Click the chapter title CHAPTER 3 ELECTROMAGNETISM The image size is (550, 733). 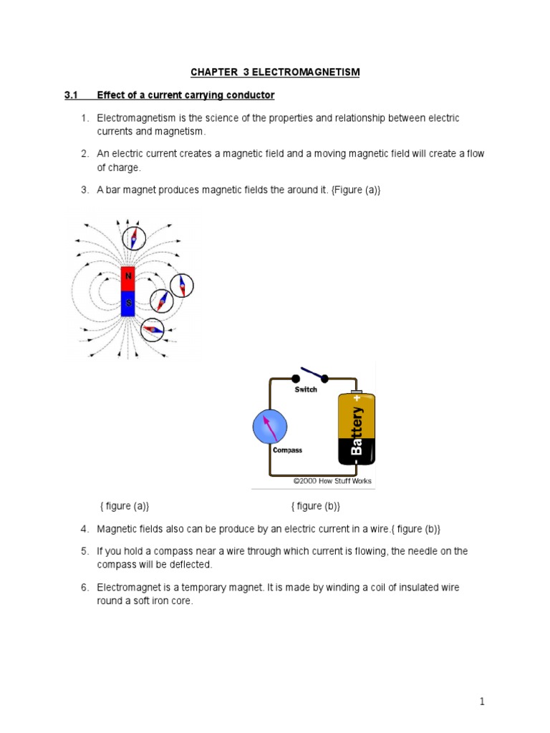pyautogui.click(x=275, y=72)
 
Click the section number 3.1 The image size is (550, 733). pyautogui.click(x=72, y=95)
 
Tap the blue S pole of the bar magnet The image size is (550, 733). pyautogui.click(x=128, y=304)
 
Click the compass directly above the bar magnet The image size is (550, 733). pyautogui.click(x=133, y=238)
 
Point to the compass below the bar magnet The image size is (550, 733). pyautogui.click(x=153, y=329)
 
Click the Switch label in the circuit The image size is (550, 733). pyautogui.click(x=306, y=389)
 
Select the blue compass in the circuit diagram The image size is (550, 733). pyautogui.click(x=270, y=427)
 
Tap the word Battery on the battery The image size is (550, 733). pyautogui.click(x=357, y=431)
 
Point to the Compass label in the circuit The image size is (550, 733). pyautogui.click(x=287, y=450)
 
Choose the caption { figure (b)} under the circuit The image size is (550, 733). pyautogui.click(x=315, y=506)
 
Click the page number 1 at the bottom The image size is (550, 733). pyautogui.click(x=483, y=702)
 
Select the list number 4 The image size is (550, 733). pyautogui.click(x=84, y=528)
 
